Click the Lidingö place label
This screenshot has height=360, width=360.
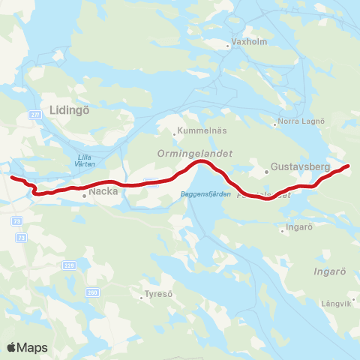coord(69,109)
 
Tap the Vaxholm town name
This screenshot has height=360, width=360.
coord(248,42)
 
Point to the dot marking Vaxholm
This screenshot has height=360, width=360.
coord(229,46)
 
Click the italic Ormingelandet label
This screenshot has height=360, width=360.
coord(194,152)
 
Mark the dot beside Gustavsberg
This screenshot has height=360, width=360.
coord(266,172)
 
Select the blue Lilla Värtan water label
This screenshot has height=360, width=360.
coord(89,160)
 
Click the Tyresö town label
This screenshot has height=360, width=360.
coord(159,294)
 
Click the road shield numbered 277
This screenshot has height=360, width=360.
coord(34,113)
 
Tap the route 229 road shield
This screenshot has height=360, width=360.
coord(69,265)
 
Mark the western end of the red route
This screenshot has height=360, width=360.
coord(11,178)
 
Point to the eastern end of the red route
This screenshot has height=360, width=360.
coord(349,166)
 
